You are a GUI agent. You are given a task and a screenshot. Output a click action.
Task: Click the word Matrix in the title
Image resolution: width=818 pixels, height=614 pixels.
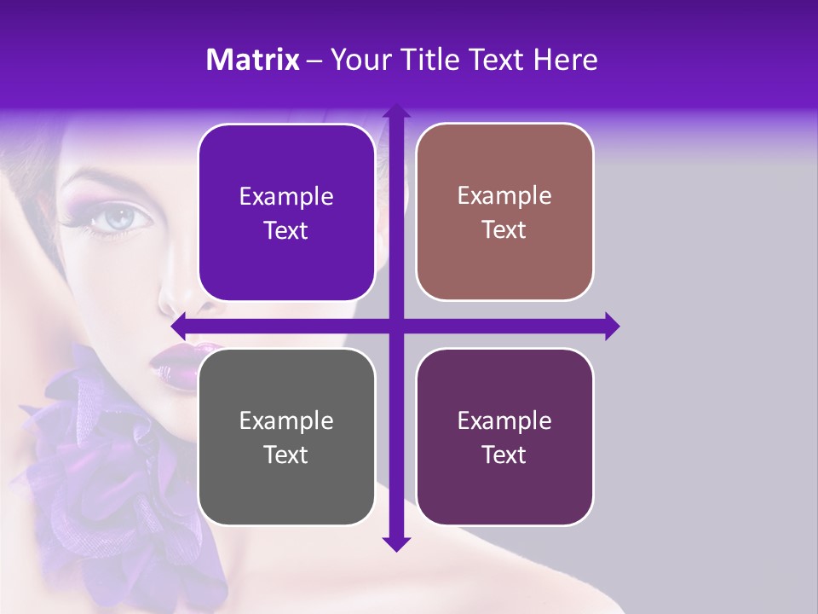click(253, 60)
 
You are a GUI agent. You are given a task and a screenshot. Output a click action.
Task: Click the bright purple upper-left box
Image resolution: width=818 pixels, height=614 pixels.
click(286, 213)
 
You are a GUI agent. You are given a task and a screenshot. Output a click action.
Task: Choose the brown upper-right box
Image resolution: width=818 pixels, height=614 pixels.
click(504, 212)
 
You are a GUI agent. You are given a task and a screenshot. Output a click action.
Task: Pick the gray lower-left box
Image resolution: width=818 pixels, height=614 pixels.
click(286, 437)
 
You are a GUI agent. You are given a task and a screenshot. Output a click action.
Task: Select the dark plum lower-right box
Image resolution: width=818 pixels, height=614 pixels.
click(504, 437)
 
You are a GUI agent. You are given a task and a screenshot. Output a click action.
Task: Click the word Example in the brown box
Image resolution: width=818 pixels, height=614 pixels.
click(504, 195)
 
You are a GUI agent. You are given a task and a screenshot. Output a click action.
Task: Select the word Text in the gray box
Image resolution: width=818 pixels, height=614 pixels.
click(286, 455)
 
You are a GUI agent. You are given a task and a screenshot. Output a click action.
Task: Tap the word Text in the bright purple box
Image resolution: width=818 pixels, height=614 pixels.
click(286, 231)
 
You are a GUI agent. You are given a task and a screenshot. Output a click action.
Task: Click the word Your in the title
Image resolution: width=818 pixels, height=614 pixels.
click(357, 60)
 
